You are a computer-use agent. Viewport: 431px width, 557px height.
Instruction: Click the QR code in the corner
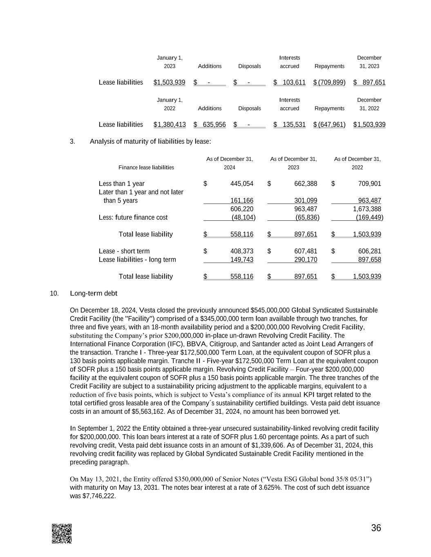pos(62,533)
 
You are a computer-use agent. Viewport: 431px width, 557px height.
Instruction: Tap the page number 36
pos(376,528)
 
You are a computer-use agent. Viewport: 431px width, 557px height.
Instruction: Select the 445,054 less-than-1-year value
pos(242,184)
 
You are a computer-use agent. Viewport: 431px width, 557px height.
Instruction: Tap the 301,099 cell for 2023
pos(306,200)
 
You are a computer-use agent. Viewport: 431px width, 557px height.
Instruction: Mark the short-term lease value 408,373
pos(242,251)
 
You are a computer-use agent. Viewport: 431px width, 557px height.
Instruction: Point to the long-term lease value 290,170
pos(306,260)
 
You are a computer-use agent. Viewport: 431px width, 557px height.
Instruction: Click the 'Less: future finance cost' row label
pos(133,217)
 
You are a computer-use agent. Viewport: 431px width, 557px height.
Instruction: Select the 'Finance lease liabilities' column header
pos(146,167)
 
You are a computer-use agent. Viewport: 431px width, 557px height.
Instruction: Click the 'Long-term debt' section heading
pos(94,293)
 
